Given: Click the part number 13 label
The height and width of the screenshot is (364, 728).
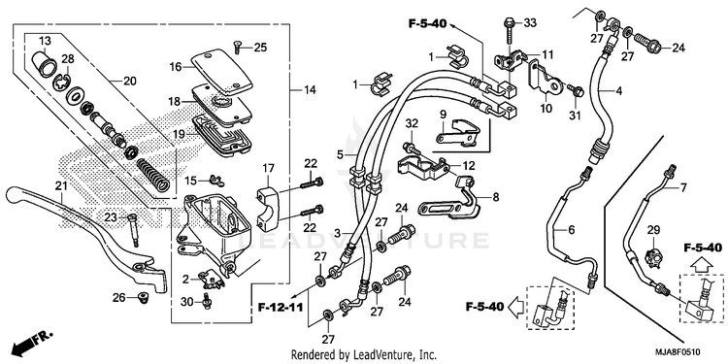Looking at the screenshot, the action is [45, 41].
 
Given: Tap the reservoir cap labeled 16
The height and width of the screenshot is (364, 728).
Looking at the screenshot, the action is [221, 72].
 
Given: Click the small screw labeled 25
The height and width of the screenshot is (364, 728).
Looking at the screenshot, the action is [237, 47].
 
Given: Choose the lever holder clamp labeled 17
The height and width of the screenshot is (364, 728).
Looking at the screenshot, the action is [268, 208].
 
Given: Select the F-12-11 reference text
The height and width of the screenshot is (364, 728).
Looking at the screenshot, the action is [281, 308].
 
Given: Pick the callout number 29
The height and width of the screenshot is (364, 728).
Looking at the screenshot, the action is [653, 230].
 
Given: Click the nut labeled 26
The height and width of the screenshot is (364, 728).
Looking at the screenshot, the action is [143, 296].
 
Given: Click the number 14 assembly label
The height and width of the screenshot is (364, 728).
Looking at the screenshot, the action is [311, 90].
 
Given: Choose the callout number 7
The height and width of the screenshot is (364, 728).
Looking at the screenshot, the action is [683, 187].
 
